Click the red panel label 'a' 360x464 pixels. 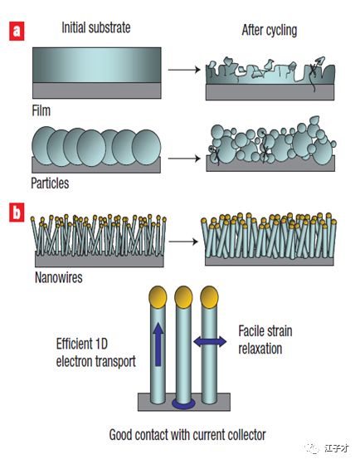[17, 31]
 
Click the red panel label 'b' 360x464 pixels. [17, 212]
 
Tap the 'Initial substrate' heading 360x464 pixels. [96, 28]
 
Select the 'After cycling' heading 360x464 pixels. [270, 30]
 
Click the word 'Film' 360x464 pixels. [41, 110]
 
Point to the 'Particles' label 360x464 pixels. [50, 183]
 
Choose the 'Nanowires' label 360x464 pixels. [59, 277]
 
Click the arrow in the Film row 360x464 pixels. [184, 70]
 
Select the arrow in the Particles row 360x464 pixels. [184, 159]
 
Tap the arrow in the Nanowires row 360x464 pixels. [183, 242]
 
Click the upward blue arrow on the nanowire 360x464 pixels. [158, 344]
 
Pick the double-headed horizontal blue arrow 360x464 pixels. [210, 342]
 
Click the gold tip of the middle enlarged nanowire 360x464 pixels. [183, 297]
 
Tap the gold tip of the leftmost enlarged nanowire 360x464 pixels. [158, 297]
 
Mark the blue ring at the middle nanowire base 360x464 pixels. [183, 403]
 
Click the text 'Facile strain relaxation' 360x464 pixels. [265, 339]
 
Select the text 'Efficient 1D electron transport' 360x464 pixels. [96, 353]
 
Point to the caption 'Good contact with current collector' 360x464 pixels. [187, 435]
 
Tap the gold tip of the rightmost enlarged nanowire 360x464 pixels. [209, 297]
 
